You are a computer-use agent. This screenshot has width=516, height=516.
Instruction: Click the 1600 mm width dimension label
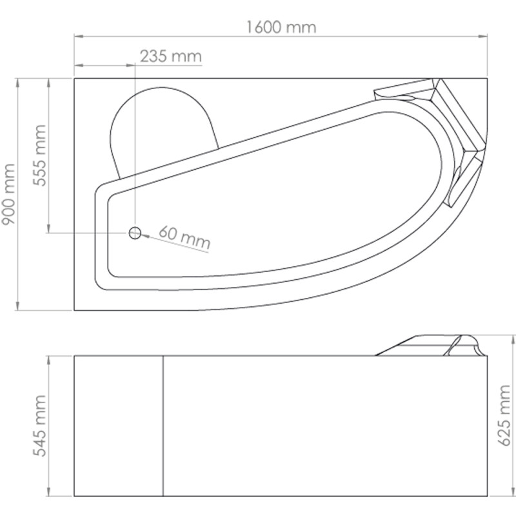click(x=281, y=27)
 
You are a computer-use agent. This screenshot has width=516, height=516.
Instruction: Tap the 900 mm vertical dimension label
click(x=8, y=193)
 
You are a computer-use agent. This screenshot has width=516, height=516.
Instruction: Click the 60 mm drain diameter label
click(x=185, y=239)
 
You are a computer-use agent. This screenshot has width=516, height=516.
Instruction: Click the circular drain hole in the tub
click(x=135, y=233)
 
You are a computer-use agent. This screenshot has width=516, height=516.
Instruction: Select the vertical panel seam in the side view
click(x=163, y=426)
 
